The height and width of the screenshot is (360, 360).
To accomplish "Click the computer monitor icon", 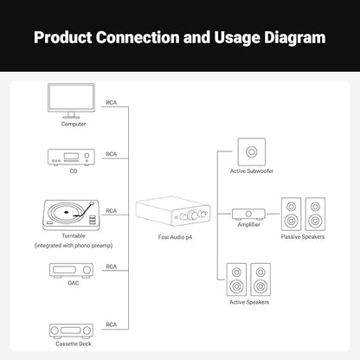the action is [x=71, y=100].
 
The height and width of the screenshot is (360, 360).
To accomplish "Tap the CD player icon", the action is [x=71, y=157].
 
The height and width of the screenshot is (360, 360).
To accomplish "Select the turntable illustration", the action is [x=71, y=215].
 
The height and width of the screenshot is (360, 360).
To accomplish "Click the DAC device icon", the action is [x=71, y=270].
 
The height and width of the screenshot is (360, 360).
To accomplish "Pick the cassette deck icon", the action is [x=71, y=331].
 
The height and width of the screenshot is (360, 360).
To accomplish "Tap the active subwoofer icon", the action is [x=252, y=151].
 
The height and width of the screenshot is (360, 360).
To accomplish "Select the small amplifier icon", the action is [x=248, y=214].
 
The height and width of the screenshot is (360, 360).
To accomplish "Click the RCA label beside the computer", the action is [x=112, y=103].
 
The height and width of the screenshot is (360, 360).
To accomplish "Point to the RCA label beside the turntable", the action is [x=112, y=211].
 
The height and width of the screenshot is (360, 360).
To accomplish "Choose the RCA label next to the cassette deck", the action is [x=112, y=325].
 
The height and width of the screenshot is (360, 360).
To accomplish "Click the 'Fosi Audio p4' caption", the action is [x=175, y=237].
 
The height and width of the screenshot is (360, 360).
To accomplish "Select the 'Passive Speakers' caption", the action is [x=303, y=236].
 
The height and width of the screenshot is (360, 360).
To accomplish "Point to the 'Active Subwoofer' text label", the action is [x=252, y=170].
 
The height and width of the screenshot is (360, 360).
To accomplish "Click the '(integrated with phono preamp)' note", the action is [x=74, y=246].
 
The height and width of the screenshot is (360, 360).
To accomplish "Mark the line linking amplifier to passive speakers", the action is [x=273, y=214].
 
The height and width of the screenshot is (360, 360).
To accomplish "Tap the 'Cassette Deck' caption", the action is [x=74, y=344].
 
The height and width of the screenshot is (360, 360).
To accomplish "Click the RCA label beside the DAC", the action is [x=112, y=267].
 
